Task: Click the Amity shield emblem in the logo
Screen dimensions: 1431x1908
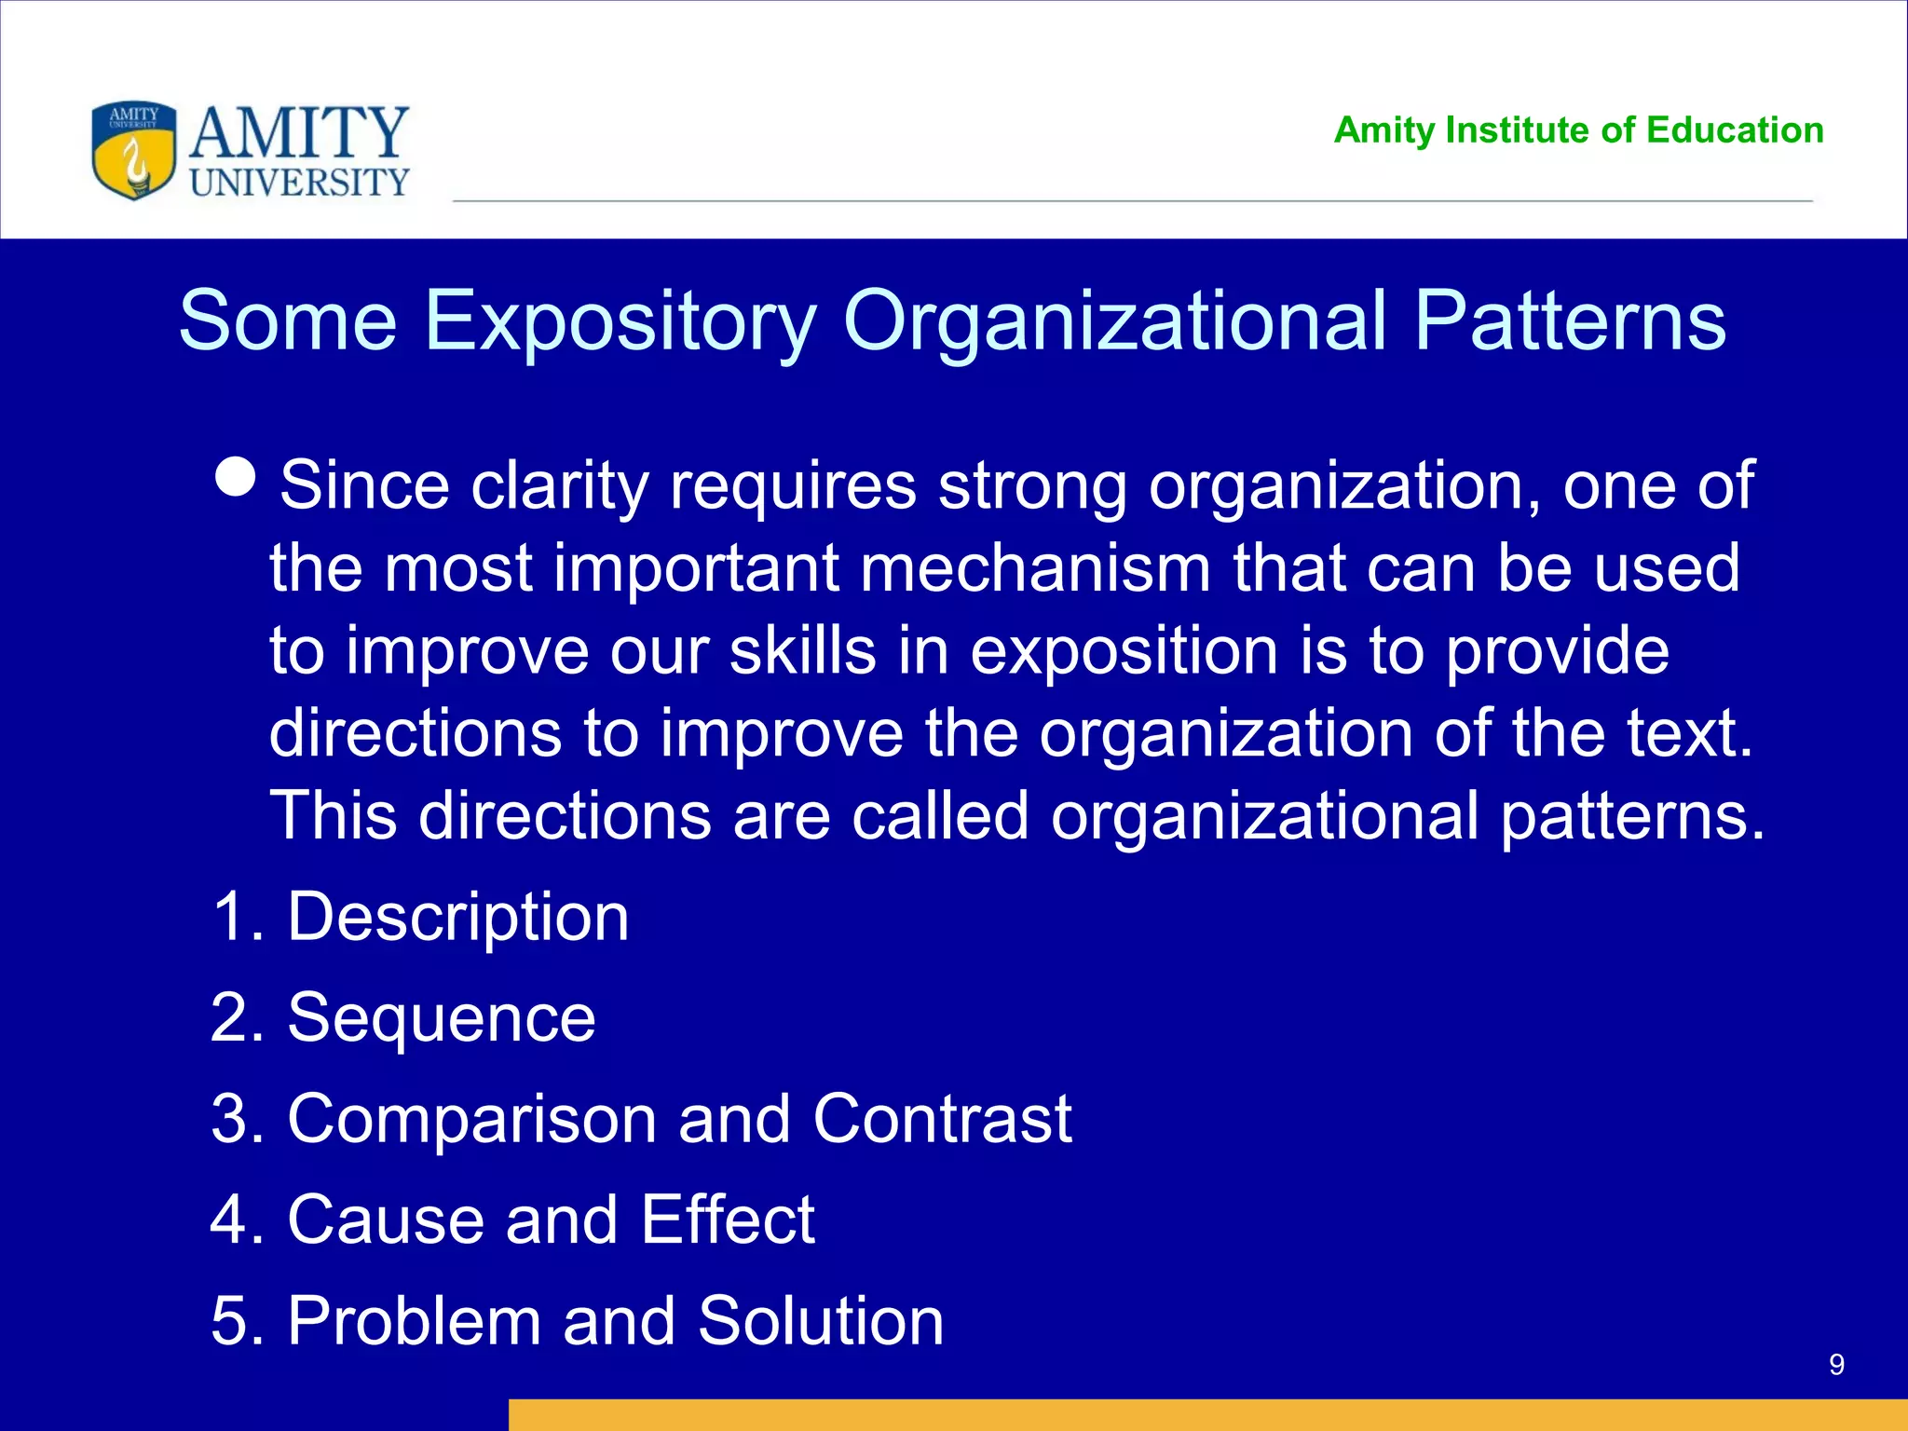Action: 133,150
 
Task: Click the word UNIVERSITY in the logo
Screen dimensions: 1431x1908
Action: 299,183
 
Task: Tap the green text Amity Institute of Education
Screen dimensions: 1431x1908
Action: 1578,130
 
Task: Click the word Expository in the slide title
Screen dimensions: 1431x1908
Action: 620,321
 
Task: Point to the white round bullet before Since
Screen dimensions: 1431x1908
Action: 235,477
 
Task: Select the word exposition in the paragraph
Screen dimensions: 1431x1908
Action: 1124,650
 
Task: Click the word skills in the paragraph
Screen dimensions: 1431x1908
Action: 802,650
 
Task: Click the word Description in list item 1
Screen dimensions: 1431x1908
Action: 457,918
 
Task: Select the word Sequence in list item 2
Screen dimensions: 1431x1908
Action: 441,1018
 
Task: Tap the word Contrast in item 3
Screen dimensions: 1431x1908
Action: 941,1119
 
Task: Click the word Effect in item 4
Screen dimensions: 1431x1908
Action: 728,1220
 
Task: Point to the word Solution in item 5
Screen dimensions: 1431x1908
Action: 820,1321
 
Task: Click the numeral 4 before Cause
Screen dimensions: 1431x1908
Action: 229,1220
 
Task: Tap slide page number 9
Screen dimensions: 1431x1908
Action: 1836,1365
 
